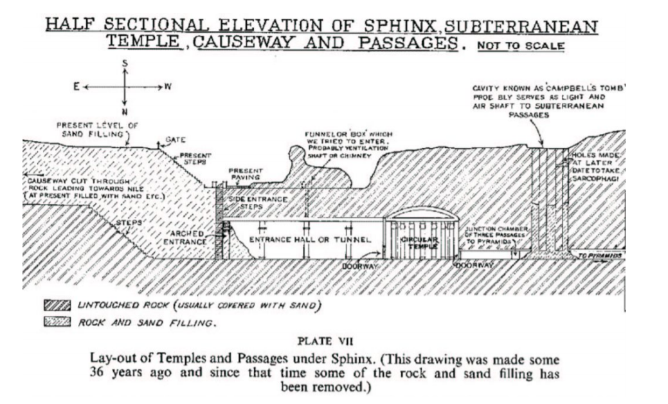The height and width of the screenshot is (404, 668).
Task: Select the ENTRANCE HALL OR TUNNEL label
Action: (311, 240)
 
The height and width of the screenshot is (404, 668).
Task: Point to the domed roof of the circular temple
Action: (421, 214)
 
